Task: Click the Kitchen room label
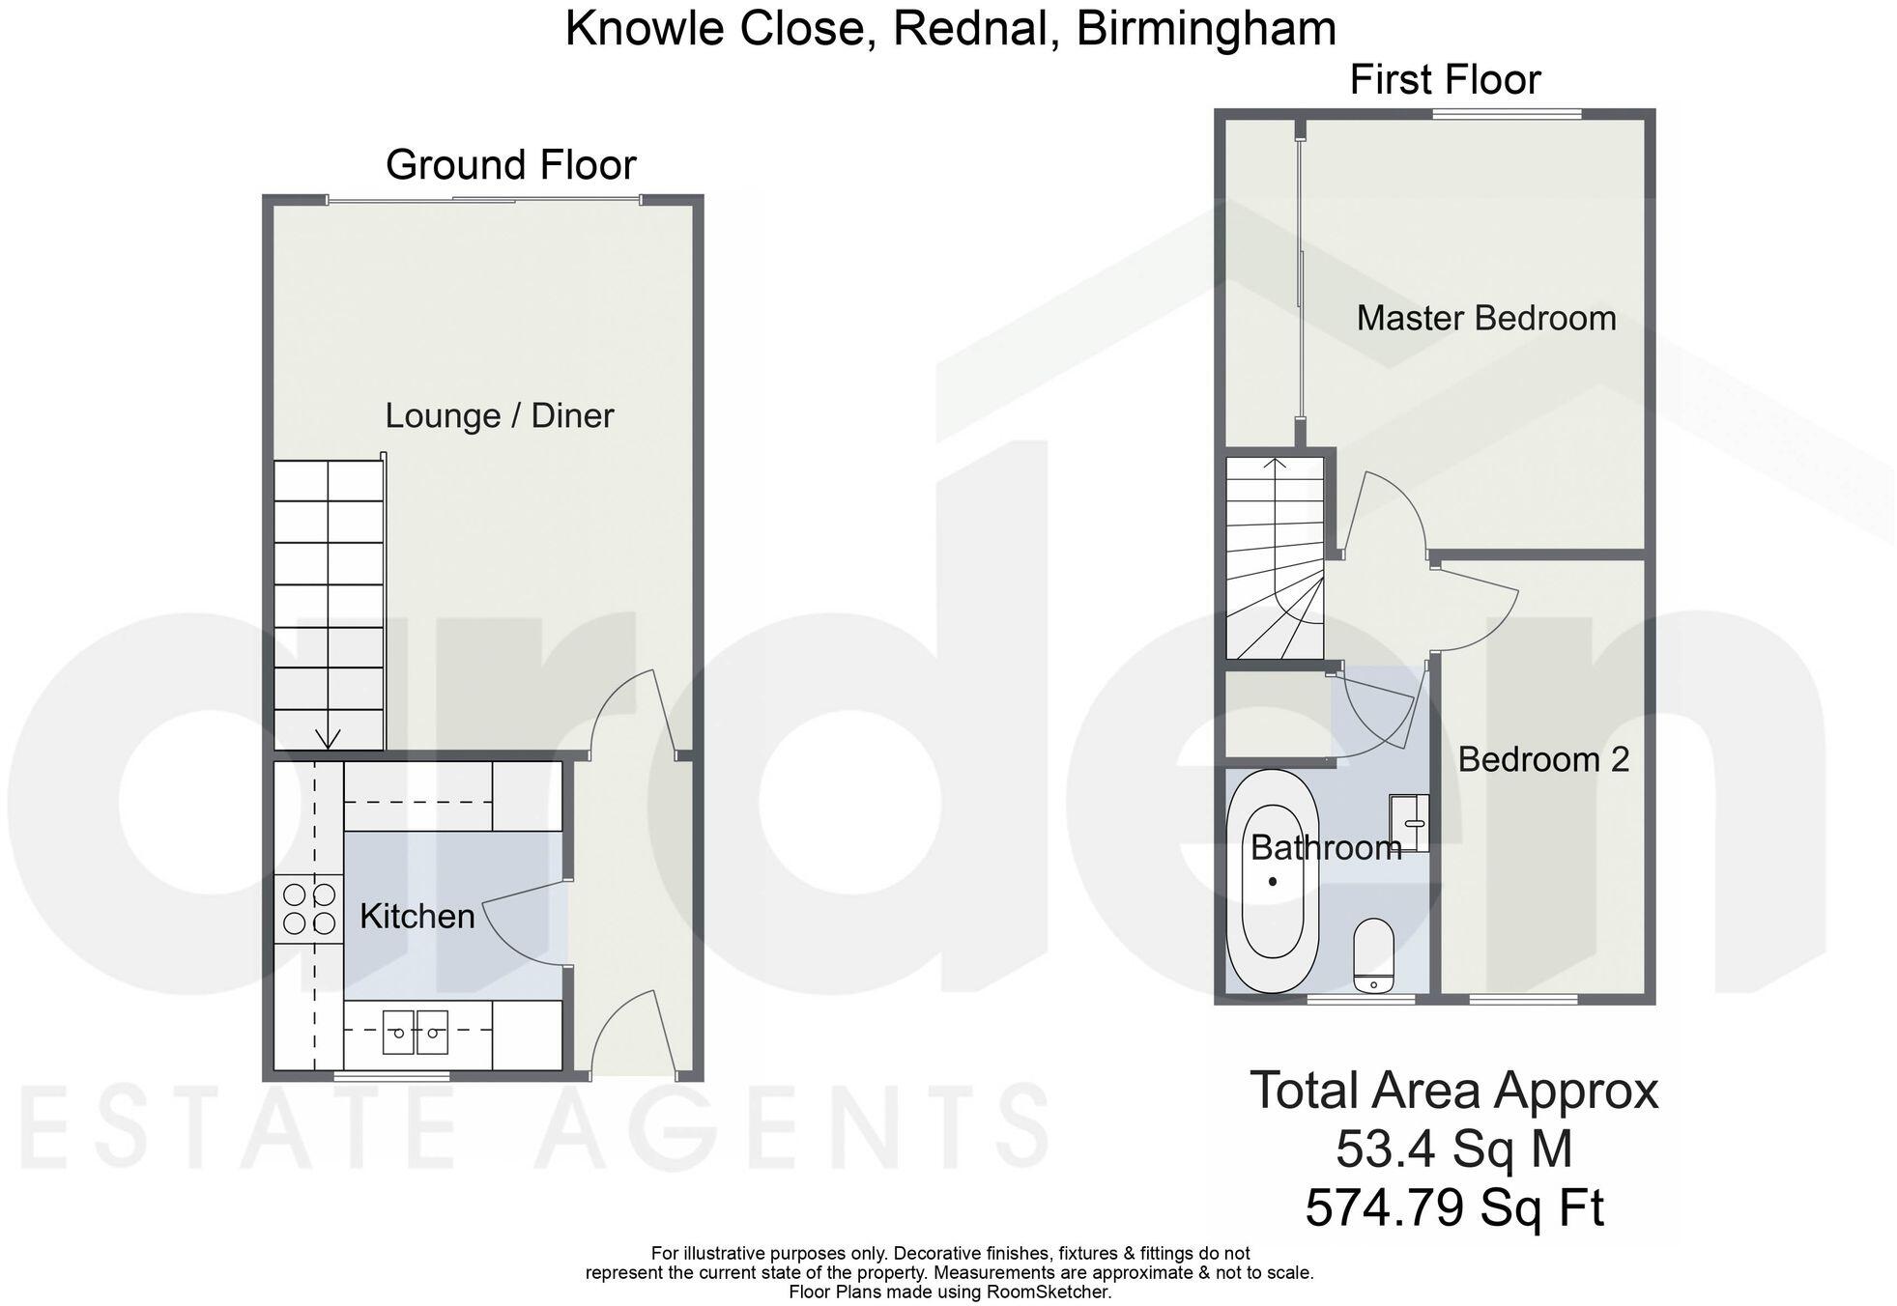point(417,916)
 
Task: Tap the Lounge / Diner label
point(499,415)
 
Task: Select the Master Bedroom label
point(1485,318)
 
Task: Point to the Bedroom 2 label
point(1542,759)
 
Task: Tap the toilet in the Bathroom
point(1373,954)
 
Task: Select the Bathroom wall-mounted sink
point(1409,823)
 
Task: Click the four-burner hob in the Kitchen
point(309,908)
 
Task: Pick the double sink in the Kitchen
point(417,1033)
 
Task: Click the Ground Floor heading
point(510,165)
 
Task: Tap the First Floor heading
point(1444,79)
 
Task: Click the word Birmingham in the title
point(1206,28)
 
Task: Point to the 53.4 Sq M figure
point(1453,1150)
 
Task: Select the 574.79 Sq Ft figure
point(1453,1207)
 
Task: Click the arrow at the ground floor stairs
point(328,738)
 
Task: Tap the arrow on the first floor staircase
point(1276,468)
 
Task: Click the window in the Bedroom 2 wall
point(1523,1000)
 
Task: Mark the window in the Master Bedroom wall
point(1507,114)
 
